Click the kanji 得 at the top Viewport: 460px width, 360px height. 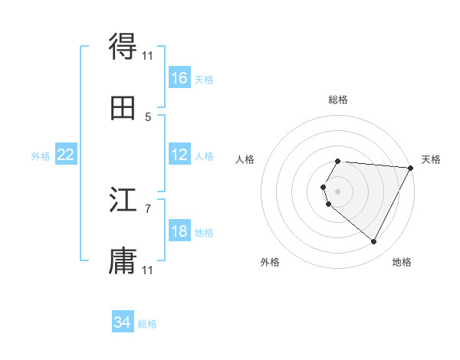(123, 47)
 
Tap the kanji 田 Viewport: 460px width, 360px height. (123, 108)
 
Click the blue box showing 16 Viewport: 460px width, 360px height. (179, 78)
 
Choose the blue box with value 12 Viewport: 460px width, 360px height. (179, 155)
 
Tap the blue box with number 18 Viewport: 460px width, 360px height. (179, 232)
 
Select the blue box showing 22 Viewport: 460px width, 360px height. (66, 155)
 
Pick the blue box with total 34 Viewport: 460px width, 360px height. (123, 322)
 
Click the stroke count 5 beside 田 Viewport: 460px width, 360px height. (148, 117)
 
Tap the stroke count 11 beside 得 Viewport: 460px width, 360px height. (148, 55)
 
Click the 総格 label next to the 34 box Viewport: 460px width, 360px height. (147, 324)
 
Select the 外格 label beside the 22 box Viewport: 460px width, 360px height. (41, 156)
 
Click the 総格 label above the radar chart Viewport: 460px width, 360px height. (338, 100)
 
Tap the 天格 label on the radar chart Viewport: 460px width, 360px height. (431, 159)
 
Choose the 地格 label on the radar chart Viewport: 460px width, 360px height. (402, 262)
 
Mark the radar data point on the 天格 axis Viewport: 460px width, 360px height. (411, 167)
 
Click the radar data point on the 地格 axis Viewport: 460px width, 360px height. (374, 242)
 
